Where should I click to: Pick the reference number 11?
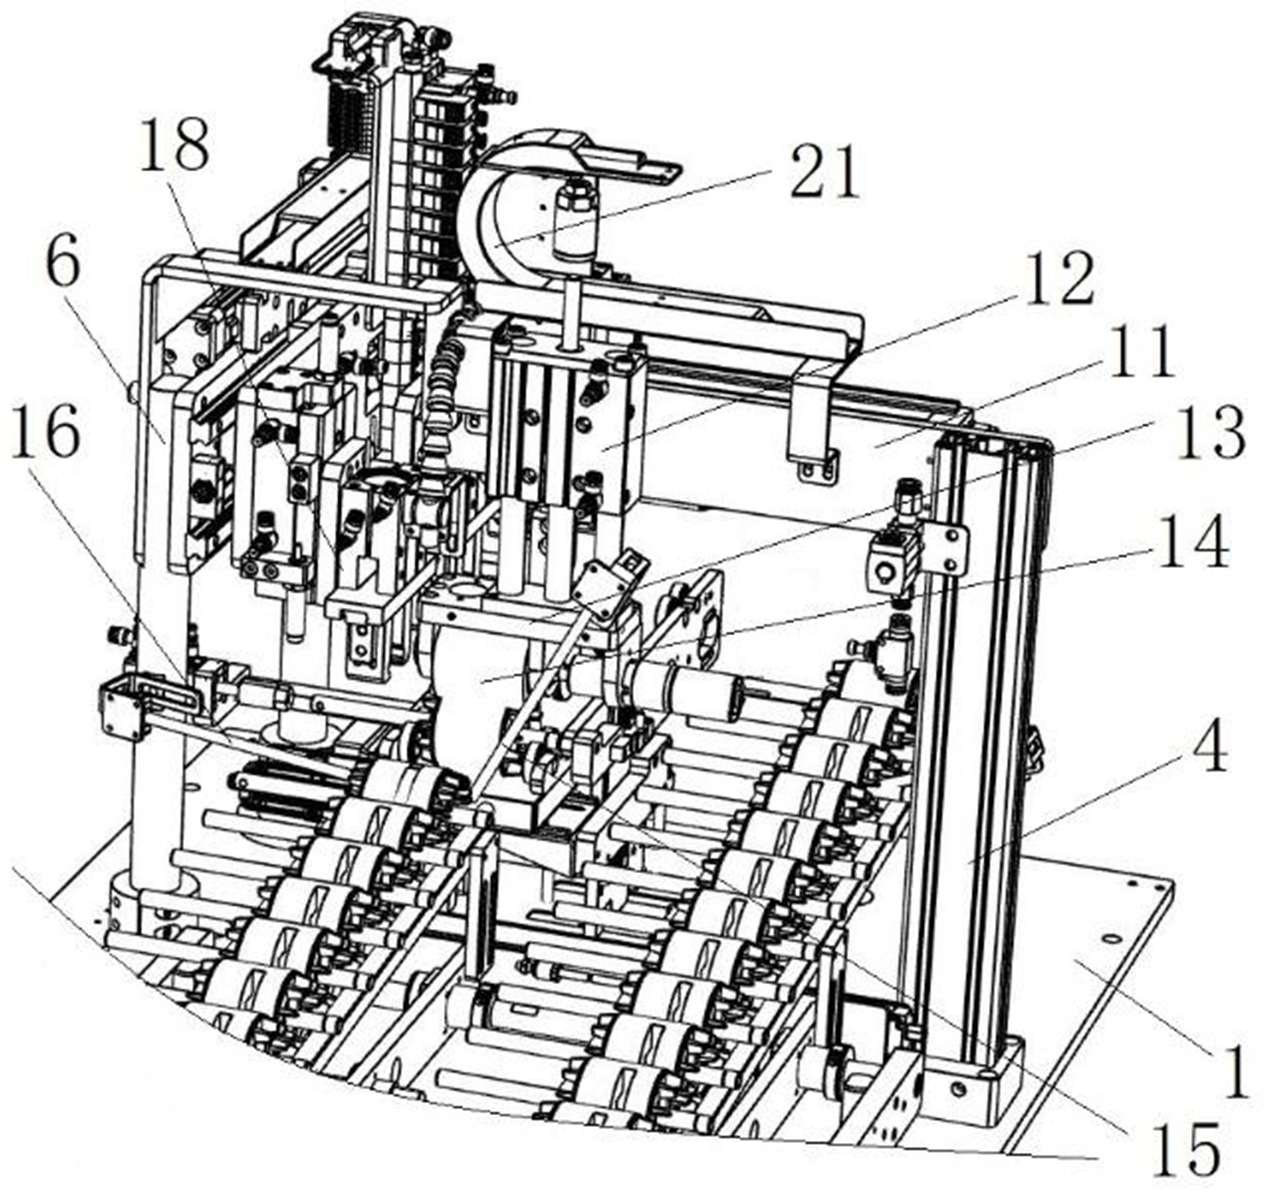point(1141,352)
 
